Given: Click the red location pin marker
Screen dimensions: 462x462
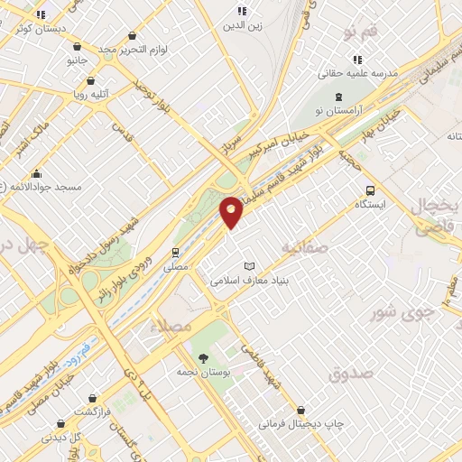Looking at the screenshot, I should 232,212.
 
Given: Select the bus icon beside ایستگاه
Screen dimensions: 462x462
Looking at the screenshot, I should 370,190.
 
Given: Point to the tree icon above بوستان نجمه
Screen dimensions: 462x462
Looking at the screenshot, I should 202,358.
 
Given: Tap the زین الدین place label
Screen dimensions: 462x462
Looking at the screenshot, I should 243,25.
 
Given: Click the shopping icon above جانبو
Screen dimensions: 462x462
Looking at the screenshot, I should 77,46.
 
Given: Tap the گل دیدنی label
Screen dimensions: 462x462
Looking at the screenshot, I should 63,437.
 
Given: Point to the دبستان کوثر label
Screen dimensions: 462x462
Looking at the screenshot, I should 40,29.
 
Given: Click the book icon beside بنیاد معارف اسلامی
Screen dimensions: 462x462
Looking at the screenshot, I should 250,266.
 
